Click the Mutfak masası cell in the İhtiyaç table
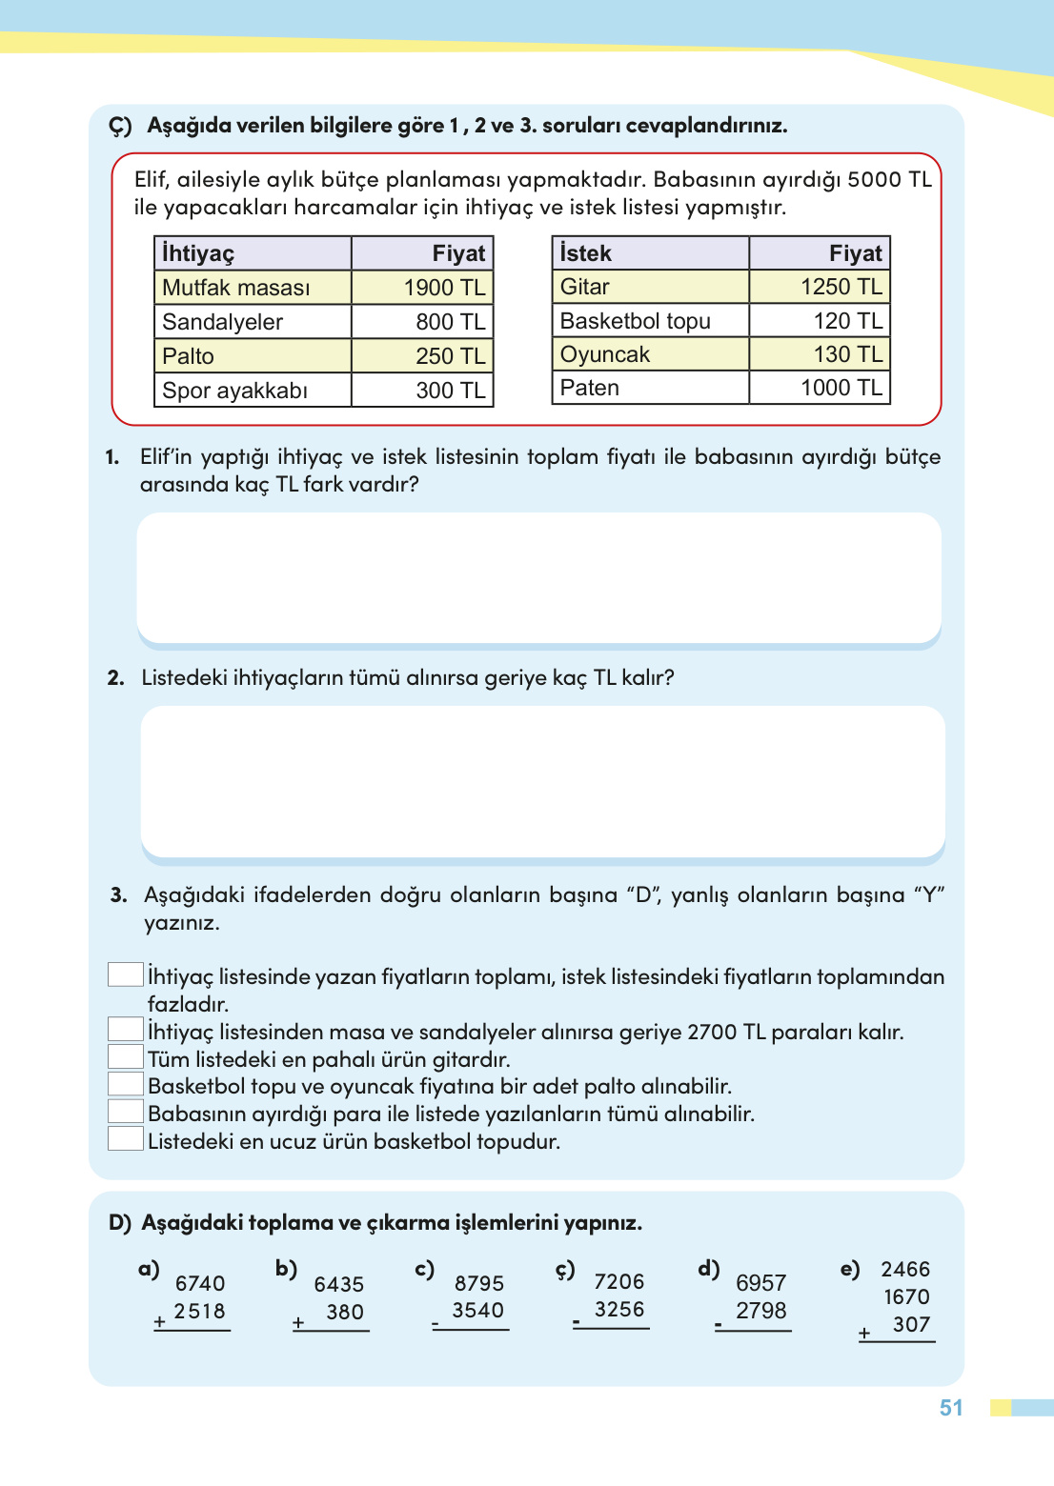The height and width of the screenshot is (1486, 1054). (236, 288)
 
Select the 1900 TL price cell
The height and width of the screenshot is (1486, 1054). (443, 288)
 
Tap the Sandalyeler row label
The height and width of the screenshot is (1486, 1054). (222, 322)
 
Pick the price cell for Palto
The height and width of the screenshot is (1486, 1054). (450, 356)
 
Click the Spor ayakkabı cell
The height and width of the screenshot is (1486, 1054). (234, 391)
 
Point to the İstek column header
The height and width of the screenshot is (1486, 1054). (585, 253)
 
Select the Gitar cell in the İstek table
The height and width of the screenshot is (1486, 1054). (584, 287)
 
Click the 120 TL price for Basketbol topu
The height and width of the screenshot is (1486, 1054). (847, 321)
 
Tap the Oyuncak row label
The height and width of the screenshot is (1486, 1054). (604, 354)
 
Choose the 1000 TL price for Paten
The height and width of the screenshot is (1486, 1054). (841, 388)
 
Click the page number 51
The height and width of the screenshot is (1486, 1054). (951, 1408)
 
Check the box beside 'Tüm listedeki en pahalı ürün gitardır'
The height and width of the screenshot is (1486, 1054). (125, 1056)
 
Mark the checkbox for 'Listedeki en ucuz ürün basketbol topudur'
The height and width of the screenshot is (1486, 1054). (125, 1138)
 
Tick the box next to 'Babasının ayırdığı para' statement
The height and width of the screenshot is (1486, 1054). (125, 1111)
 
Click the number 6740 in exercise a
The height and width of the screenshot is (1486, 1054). (200, 1284)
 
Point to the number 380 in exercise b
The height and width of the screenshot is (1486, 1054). (344, 1313)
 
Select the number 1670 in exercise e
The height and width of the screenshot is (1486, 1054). (905, 1297)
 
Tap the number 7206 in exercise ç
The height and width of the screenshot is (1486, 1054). (618, 1282)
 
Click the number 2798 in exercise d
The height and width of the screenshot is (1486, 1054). (760, 1311)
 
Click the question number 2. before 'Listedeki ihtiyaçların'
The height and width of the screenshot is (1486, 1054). (116, 678)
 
